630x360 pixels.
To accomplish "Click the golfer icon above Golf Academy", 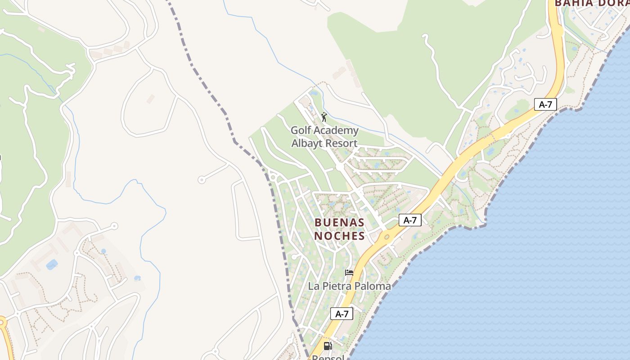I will pyautogui.click(x=324, y=117).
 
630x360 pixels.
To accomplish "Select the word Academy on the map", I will pyautogui.click(x=337, y=130).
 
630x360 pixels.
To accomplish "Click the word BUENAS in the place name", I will pyautogui.click(x=339, y=222).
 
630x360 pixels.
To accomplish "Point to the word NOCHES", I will pyautogui.click(x=339, y=236).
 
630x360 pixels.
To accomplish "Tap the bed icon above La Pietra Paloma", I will pyautogui.click(x=349, y=272).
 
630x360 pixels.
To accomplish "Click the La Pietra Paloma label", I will pyautogui.click(x=349, y=286).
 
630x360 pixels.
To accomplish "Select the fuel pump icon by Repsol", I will pyautogui.click(x=328, y=346).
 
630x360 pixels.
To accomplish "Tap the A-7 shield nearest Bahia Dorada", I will pyautogui.click(x=545, y=104).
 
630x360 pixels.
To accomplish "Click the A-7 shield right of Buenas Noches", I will pyautogui.click(x=410, y=220).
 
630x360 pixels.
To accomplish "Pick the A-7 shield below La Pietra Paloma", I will pyautogui.click(x=342, y=314).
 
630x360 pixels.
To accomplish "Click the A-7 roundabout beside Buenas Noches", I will pyautogui.click(x=386, y=236).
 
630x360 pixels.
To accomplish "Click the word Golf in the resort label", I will pyautogui.click(x=301, y=130).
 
